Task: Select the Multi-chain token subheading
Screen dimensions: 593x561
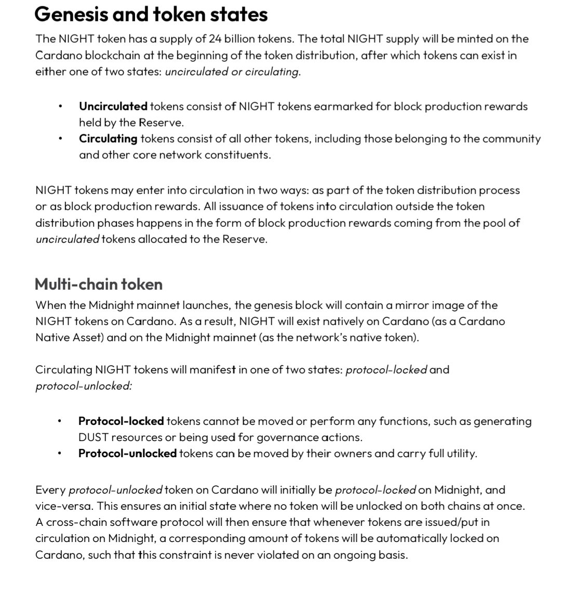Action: [x=99, y=284]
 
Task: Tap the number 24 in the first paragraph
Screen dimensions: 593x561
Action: [x=215, y=38]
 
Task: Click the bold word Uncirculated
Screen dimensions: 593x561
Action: [x=113, y=107]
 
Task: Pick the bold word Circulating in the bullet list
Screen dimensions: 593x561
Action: [x=108, y=139]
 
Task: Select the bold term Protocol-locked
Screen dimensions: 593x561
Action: [x=121, y=421]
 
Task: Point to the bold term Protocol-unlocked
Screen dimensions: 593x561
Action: [x=127, y=453]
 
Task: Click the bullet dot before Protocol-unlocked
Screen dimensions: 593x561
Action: [x=60, y=454]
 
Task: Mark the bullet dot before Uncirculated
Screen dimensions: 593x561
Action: [x=61, y=107]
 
